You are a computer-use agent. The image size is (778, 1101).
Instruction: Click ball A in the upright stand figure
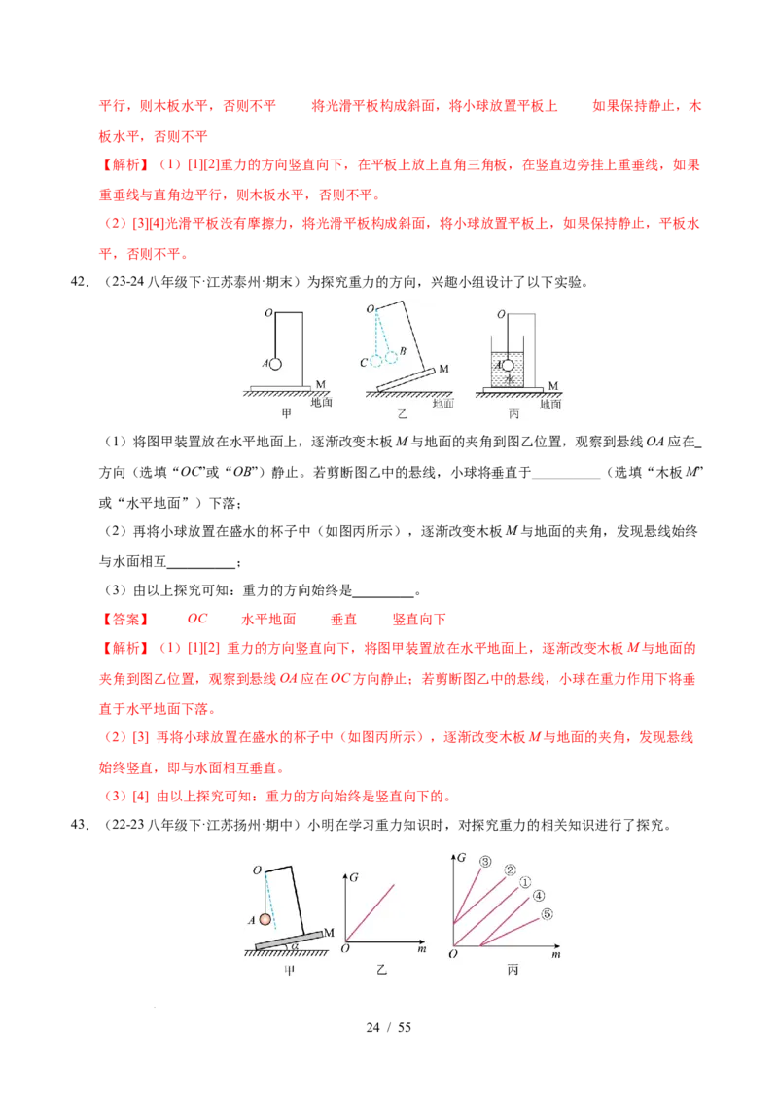pyautogui.click(x=275, y=364)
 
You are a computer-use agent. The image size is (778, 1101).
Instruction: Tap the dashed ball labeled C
pyautogui.click(x=376, y=361)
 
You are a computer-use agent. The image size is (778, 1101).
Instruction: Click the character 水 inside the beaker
pyautogui.click(x=509, y=379)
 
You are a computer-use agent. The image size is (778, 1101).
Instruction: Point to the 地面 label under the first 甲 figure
pyautogui.click(x=321, y=401)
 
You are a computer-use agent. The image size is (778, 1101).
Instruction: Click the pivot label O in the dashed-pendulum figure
pyautogui.click(x=370, y=309)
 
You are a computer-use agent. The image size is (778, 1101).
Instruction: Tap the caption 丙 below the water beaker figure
pyautogui.click(x=513, y=414)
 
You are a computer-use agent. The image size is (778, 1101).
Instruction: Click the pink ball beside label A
pyautogui.click(x=264, y=919)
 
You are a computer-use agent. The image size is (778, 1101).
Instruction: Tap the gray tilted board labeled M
pyautogui.click(x=290, y=939)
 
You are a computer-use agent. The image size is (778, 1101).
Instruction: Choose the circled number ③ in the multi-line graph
pyautogui.click(x=483, y=862)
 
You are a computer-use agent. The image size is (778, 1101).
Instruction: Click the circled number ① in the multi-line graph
pyautogui.click(x=525, y=883)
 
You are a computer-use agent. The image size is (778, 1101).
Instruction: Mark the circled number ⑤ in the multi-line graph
pyautogui.click(x=547, y=914)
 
